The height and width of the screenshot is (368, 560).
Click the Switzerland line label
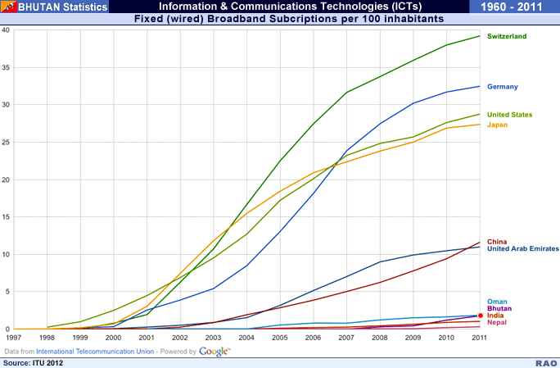[507, 37]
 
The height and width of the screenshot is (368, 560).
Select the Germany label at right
[502, 86]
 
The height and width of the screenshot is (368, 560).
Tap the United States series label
[509, 115]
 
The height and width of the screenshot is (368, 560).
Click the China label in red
[497, 241]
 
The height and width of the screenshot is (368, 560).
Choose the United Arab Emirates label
[522, 248]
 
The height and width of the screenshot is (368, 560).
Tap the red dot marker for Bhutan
[481, 316]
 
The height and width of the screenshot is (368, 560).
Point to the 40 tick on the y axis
[6, 30]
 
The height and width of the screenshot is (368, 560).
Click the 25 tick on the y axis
[6, 143]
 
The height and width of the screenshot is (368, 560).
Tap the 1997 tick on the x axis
[14, 336]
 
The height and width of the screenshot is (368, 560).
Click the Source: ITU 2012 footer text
[33, 361]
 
